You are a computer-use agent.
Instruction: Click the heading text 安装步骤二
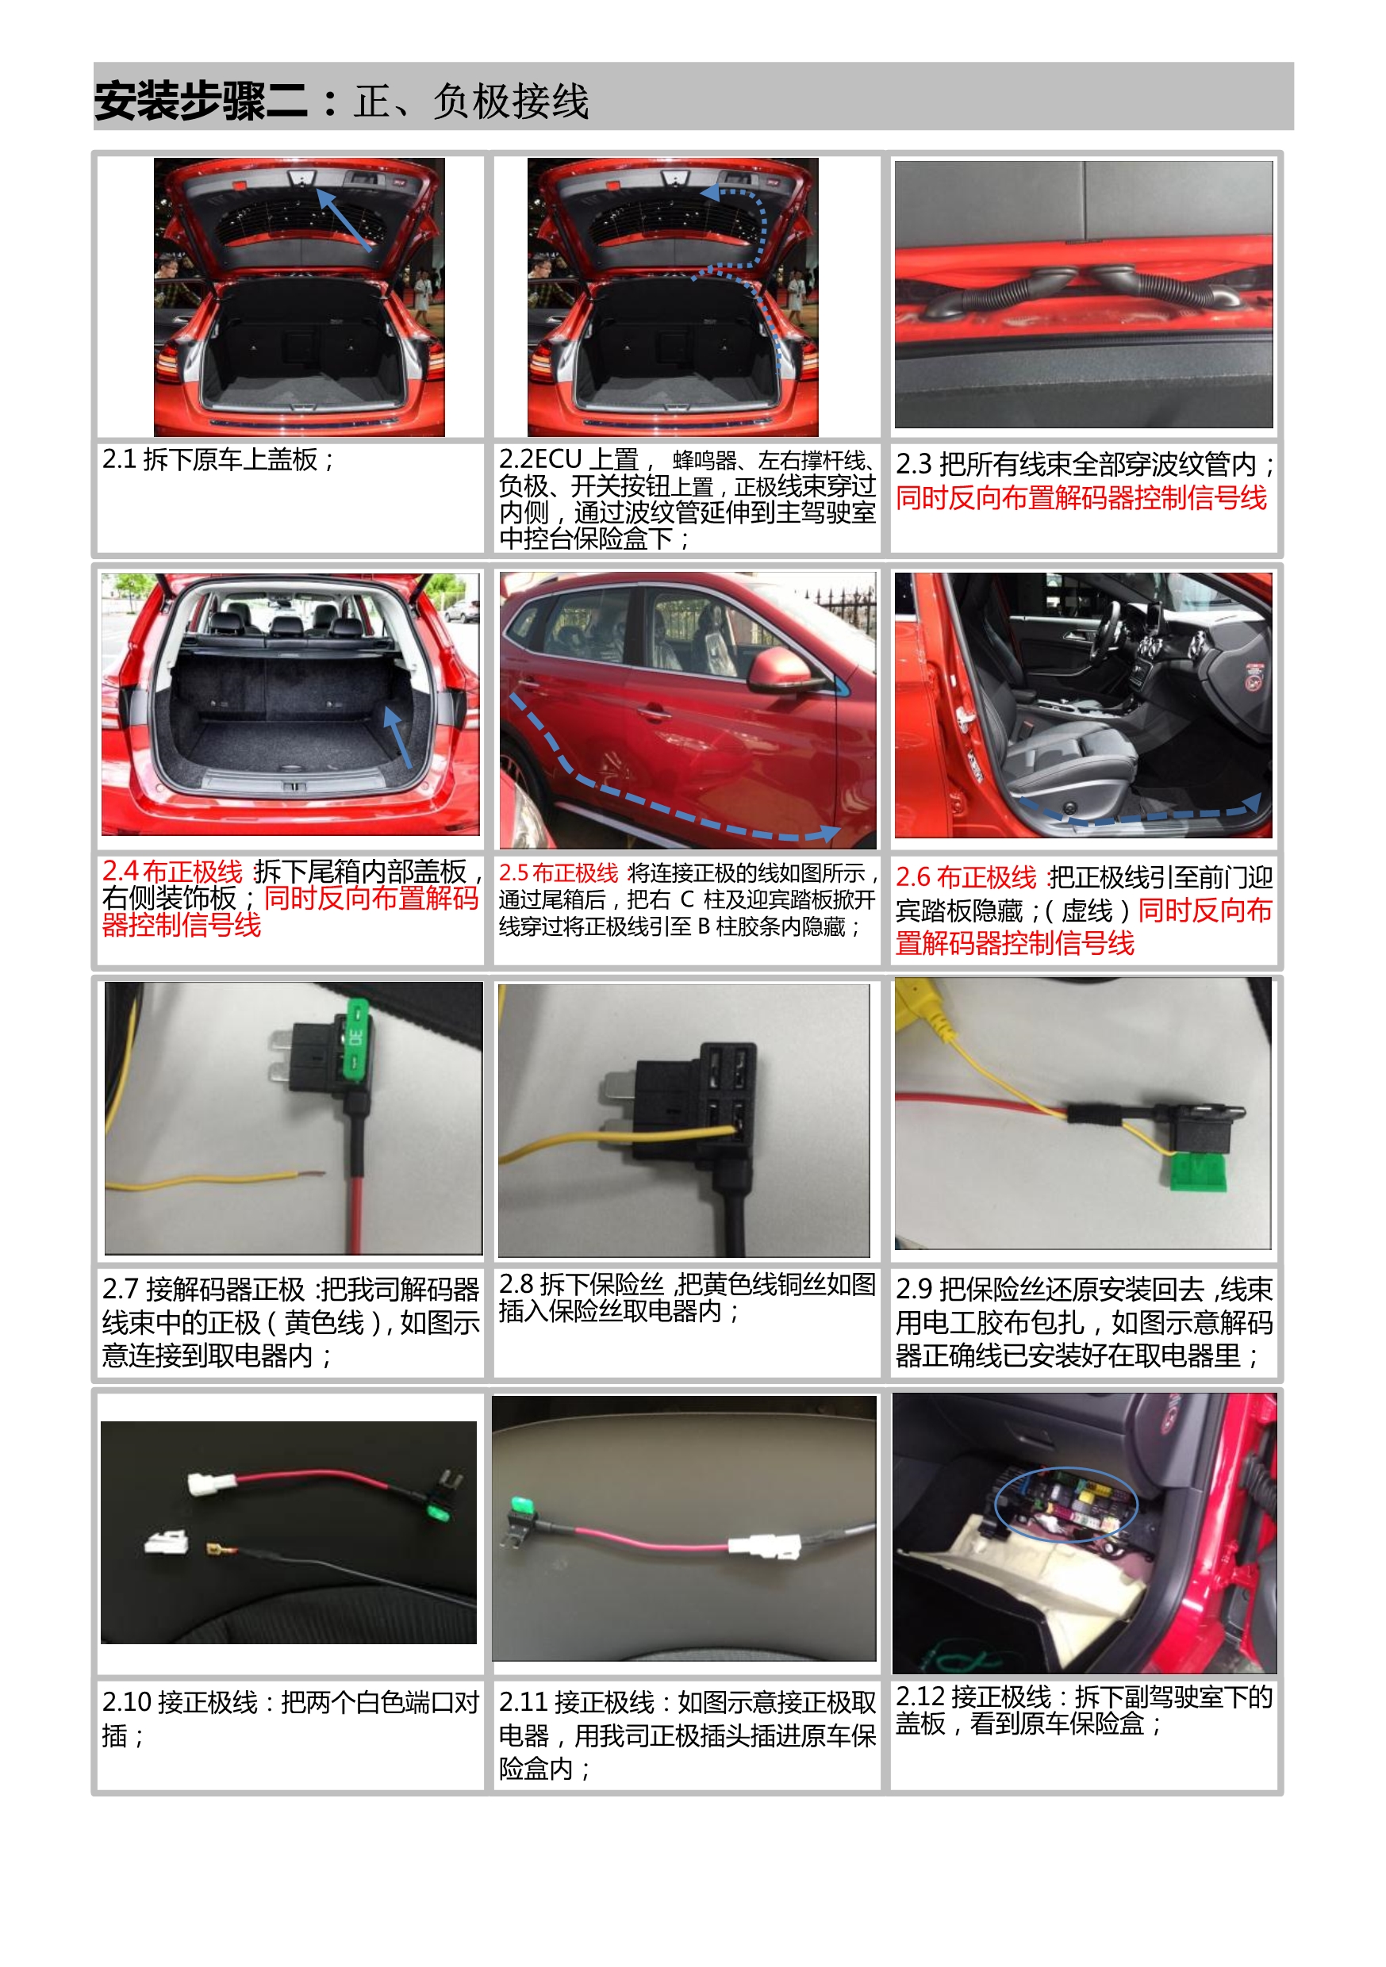point(201,101)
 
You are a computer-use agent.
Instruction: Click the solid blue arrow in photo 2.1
point(344,220)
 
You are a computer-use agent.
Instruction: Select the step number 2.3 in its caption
point(914,464)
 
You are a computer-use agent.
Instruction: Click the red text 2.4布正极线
point(172,872)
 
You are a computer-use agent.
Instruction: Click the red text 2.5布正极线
point(558,873)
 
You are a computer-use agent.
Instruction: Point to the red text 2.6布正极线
point(966,877)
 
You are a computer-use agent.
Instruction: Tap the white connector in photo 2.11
point(765,1547)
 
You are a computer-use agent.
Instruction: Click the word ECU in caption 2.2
point(558,459)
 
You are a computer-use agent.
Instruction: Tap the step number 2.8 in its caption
point(516,1283)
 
